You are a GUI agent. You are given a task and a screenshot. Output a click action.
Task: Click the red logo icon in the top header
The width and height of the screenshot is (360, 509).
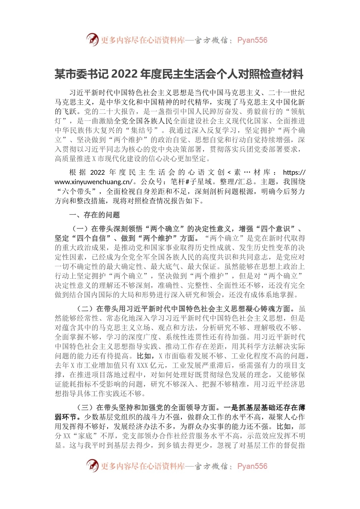pos(92,39)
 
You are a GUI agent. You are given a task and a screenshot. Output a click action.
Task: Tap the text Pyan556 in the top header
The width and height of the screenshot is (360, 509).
pos(252,40)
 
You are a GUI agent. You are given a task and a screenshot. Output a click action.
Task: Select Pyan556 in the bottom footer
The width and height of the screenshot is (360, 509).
pos(252,466)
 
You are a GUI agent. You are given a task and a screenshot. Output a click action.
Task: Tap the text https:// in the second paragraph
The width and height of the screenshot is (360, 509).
pos(294,172)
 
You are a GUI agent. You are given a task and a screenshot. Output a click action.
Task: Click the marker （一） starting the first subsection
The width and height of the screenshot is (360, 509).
pos(80,229)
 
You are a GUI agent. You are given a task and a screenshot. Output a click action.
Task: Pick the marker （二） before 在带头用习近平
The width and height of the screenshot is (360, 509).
pos(85,309)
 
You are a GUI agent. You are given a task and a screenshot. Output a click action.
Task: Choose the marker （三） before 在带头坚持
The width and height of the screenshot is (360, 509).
pos(85,408)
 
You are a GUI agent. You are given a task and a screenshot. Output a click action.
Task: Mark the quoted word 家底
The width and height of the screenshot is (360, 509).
pos(88,436)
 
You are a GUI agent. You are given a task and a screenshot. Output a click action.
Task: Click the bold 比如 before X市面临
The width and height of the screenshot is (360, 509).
pos(144,356)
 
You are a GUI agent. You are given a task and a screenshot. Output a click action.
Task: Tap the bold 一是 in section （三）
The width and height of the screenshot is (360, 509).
pos(231,408)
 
